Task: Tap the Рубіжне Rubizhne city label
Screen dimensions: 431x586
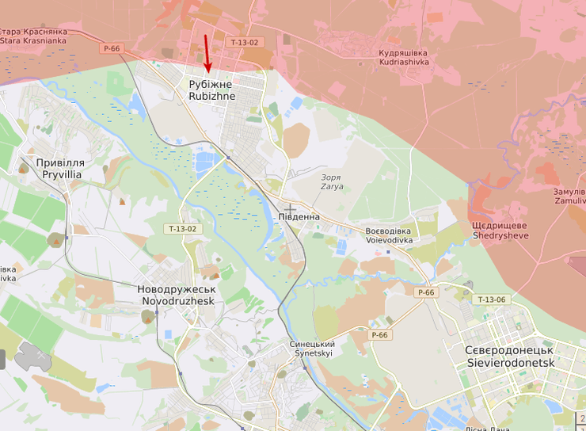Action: click(211, 90)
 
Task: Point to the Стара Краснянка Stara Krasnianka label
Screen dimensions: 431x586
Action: click(33, 36)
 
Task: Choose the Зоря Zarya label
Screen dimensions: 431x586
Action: click(331, 183)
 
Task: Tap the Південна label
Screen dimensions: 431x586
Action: click(299, 216)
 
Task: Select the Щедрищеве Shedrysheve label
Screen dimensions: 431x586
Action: click(500, 231)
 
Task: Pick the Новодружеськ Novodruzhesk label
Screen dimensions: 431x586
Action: click(176, 296)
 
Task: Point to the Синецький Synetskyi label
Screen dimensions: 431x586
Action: click(312, 349)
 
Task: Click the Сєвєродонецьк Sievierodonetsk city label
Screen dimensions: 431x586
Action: click(510, 356)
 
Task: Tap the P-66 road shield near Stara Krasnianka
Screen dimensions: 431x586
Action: click(112, 48)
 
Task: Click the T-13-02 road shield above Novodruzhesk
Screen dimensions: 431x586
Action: click(182, 229)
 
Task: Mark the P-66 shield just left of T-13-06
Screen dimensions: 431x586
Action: click(426, 292)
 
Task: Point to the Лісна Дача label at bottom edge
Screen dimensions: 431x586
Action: click(487, 428)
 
